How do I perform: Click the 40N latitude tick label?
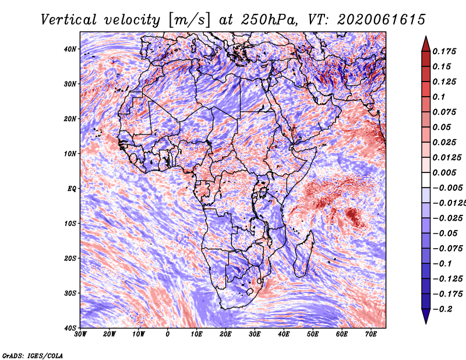pyautogui.click(x=70, y=49)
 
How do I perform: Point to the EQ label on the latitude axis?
pyautogui.click(x=72, y=189)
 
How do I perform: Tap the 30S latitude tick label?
pyautogui.click(x=70, y=294)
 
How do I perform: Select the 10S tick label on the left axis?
pyautogui.click(x=70, y=224)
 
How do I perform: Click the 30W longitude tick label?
pyautogui.click(x=80, y=334)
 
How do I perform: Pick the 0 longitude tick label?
pyautogui.click(x=168, y=334)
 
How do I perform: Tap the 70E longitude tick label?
pyautogui.click(x=371, y=334)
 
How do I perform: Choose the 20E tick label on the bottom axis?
pyautogui.click(x=225, y=334)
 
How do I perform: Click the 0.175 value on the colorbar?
pyautogui.click(x=444, y=52)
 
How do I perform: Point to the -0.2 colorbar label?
pyautogui.click(x=442, y=309)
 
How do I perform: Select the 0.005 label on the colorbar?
pyautogui.click(x=444, y=172)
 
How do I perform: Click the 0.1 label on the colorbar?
pyautogui.click(x=439, y=97)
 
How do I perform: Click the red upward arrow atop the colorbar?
pyautogui.click(x=426, y=44)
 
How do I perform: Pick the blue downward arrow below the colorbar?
pyautogui.click(x=426, y=316)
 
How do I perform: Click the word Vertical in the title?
pyautogui.click(x=68, y=20)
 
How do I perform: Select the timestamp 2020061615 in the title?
pyautogui.click(x=382, y=20)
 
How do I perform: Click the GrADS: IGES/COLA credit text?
pyautogui.click(x=33, y=355)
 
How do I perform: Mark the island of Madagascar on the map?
pyautogui.click(x=304, y=253)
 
